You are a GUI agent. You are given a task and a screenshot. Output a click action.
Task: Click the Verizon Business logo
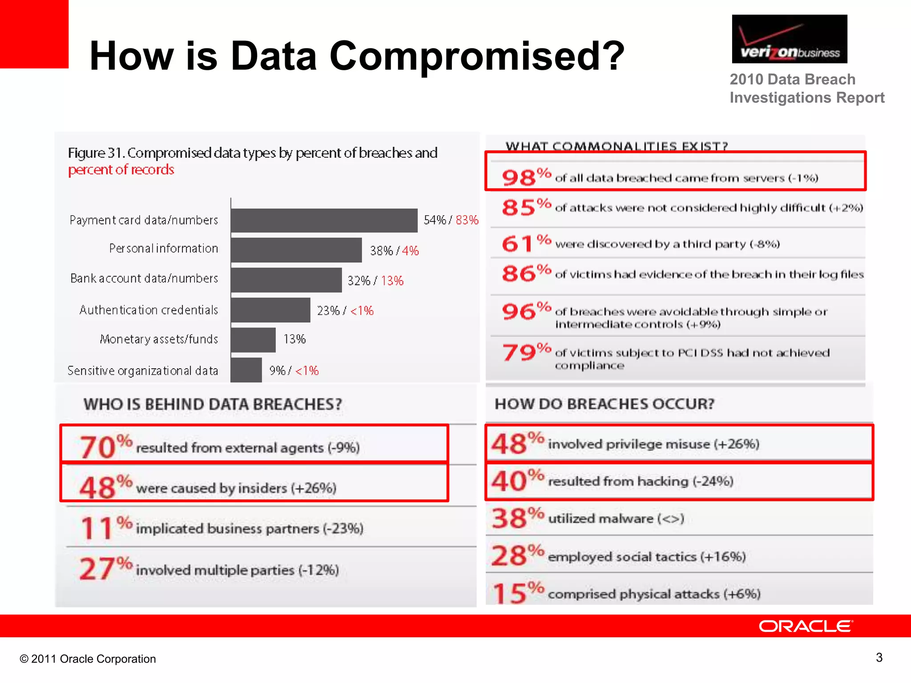(x=789, y=39)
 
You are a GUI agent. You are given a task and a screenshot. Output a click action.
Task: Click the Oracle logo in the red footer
(x=806, y=626)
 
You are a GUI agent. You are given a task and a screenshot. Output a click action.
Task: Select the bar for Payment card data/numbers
(x=324, y=220)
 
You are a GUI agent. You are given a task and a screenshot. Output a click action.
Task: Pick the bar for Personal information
(x=296, y=250)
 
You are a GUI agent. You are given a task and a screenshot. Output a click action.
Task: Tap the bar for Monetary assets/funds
(x=253, y=340)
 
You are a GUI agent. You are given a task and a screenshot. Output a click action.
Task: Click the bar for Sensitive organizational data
(x=246, y=370)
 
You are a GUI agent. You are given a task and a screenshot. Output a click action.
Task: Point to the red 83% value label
(x=467, y=220)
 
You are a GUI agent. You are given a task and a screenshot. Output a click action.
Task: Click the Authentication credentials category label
(x=149, y=310)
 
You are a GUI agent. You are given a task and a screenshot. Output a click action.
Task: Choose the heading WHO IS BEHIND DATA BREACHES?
(x=213, y=404)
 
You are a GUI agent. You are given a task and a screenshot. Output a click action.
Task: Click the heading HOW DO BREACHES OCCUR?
(x=605, y=404)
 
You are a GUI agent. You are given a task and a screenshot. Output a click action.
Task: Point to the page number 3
(x=879, y=657)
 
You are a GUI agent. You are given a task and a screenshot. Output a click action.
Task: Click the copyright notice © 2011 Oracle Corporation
(x=88, y=659)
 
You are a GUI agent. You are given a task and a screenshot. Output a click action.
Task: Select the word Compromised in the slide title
(x=477, y=56)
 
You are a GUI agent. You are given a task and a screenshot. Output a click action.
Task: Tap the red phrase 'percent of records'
(x=121, y=170)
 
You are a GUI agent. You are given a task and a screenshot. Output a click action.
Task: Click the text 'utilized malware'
(x=601, y=518)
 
